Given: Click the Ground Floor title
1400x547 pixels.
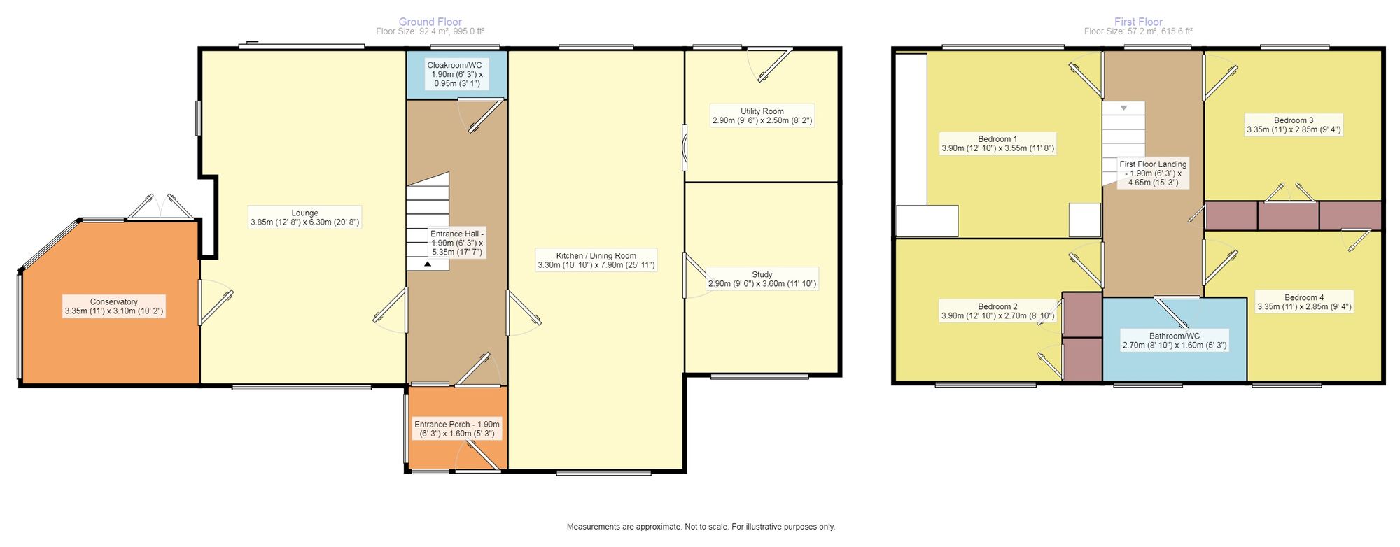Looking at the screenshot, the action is click(x=430, y=22).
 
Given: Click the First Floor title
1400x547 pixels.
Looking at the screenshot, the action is click(x=1138, y=22).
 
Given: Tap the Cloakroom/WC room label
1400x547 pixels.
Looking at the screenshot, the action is click(x=457, y=74).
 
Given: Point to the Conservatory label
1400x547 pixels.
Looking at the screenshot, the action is click(x=114, y=306).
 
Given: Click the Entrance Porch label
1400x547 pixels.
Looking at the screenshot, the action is click(x=457, y=429).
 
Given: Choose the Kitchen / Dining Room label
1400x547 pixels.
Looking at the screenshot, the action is click(x=596, y=260).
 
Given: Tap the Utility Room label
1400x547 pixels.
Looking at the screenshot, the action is click(x=762, y=115).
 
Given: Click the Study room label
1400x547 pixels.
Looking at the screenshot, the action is click(x=762, y=279).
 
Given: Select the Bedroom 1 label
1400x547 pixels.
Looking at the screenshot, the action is click(x=997, y=143).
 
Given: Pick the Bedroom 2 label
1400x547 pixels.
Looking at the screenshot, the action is click(x=997, y=311).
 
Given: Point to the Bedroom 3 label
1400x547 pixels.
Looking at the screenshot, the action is click(x=1294, y=125).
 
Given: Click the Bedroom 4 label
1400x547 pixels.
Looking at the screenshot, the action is click(x=1304, y=301).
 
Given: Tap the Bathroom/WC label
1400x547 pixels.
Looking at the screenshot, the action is click(x=1174, y=340).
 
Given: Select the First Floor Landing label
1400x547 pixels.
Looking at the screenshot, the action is click(x=1153, y=173).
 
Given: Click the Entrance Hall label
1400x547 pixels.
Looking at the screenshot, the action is click(x=456, y=243).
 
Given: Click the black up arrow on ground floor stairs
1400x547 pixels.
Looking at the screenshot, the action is click(x=428, y=264).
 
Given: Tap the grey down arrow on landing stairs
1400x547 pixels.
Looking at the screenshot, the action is click(x=1123, y=108).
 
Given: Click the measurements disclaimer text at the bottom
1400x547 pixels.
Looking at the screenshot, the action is click(x=701, y=527).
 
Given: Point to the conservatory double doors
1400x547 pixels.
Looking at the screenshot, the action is click(x=161, y=207).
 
